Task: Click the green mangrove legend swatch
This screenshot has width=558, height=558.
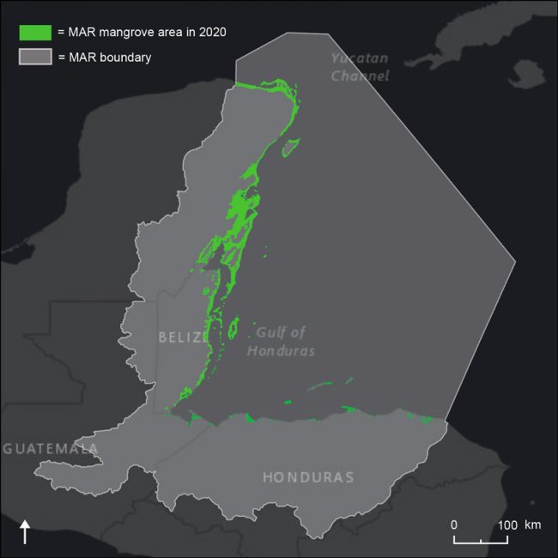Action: [36, 33]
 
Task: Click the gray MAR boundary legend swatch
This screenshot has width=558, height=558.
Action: [36, 58]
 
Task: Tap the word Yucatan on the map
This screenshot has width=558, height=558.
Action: [361, 58]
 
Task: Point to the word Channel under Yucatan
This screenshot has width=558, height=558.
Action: [361, 76]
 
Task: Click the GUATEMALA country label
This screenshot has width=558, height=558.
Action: [50, 449]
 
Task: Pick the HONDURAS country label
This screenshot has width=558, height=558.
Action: [308, 477]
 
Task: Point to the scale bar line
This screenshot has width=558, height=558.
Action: [481, 542]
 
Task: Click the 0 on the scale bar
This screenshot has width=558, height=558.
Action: [454, 525]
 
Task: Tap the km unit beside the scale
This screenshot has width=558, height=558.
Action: [532, 525]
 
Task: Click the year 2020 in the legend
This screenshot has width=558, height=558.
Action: [211, 33]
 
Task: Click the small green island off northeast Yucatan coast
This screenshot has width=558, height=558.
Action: [291, 147]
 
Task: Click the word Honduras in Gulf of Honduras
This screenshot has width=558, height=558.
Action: [281, 351]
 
